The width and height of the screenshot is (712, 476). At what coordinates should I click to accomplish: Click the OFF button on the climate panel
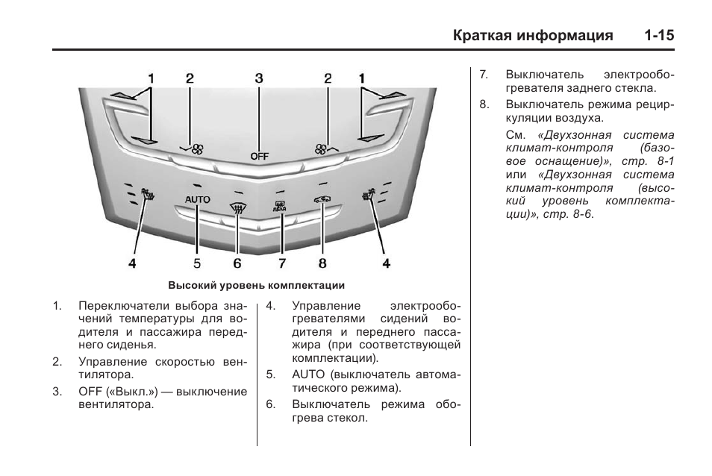pos(259,156)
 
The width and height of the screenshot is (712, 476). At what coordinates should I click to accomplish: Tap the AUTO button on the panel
pos(198,199)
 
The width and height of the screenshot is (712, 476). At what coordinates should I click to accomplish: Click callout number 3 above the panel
pos(259,78)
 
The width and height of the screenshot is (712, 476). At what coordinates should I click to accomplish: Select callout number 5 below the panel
pos(198,263)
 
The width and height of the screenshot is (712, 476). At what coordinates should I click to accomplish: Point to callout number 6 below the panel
pos(237,263)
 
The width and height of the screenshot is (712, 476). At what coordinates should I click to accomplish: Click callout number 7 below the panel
pos(283,263)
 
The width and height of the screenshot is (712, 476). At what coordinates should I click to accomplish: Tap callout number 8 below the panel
pos(322,263)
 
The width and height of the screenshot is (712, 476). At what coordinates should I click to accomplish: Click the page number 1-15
pos(657,35)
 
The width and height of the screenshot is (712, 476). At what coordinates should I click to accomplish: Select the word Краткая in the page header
pos(480,35)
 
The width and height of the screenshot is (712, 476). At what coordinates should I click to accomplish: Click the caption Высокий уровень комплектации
pos(256,285)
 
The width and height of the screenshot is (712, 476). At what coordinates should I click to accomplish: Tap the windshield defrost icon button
pos(238,210)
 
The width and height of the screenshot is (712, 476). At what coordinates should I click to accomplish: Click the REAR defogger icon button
pos(281,205)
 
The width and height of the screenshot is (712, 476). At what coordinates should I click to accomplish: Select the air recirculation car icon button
pos(322,201)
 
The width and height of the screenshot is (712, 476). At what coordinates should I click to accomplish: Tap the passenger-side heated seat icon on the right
pos(369,197)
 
